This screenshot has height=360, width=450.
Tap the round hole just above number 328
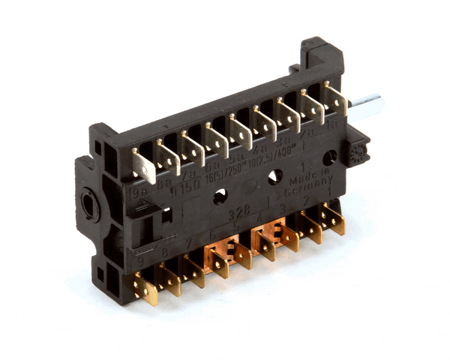point(220,196)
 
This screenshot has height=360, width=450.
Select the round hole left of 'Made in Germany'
point(274,177)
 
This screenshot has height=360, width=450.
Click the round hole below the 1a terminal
point(329,157)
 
